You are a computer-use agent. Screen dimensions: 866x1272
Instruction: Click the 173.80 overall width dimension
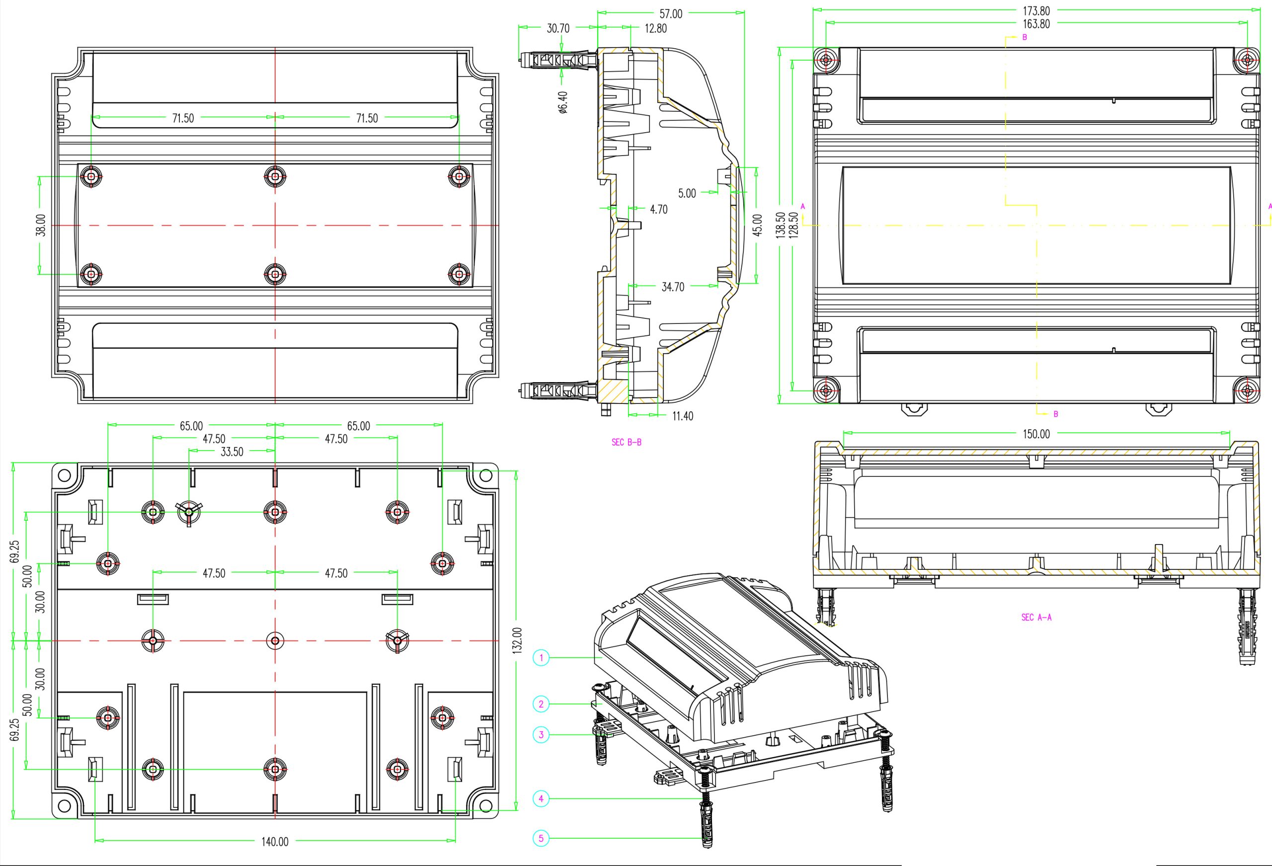click(1036, 10)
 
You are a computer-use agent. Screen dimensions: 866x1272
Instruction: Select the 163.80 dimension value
click(1036, 23)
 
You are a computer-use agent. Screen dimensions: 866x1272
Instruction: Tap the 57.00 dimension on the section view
click(670, 14)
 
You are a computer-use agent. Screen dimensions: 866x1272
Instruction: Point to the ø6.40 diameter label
click(563, 102)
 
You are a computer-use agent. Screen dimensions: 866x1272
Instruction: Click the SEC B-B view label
click(626, 442)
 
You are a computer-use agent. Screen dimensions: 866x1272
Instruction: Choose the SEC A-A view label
click(1036, 618)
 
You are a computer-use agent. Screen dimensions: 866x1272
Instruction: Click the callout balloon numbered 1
click(541, 657)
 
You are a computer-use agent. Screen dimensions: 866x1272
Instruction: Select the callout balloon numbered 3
click(541, 735)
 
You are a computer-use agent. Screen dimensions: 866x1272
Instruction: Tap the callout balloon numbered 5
click(541, 838)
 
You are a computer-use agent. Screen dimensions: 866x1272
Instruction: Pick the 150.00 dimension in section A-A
click(1036, 434)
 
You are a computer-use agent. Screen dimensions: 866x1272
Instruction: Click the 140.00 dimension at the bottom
click(274, 841)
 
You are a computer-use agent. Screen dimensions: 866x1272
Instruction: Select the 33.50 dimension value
click(232, 452)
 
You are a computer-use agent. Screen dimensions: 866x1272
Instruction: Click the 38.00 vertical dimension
click(40, 225)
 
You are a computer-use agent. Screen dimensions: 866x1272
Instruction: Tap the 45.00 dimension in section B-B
click(757, 225)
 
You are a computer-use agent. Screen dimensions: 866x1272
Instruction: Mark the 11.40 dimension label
click(683, 416)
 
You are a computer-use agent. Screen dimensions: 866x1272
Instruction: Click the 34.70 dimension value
click(673, 287)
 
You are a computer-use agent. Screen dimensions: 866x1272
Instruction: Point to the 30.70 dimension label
click(557, 28)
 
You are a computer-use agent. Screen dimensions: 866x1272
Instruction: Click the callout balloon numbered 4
click(541, 798)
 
